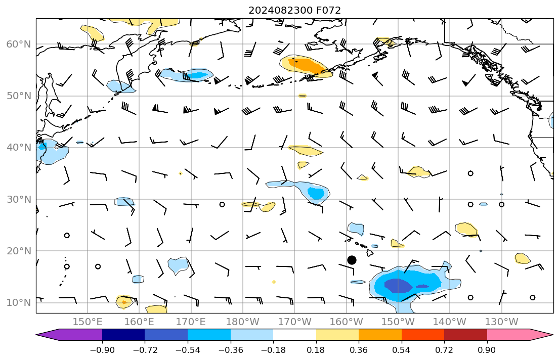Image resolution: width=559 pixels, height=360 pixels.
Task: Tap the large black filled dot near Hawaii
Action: point(352,260)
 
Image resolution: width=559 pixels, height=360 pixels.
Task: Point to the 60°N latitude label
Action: point(18,44)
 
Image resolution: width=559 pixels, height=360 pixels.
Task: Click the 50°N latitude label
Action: point(18,96)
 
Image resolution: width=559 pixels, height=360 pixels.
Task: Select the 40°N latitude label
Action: point(18,148)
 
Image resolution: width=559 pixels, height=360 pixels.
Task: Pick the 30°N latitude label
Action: point(18,199)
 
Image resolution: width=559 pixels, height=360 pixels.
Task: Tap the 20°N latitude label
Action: point(18,251)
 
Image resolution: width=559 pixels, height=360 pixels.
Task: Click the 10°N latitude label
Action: point(18,302)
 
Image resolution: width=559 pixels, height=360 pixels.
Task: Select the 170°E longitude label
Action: point(191,322)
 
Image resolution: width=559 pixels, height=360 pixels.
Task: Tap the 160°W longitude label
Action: point(346,322)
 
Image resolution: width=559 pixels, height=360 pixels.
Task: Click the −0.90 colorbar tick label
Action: point(102,350)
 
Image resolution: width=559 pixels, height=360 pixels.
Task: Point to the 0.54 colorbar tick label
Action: point(401,350)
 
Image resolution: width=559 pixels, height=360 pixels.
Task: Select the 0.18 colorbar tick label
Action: point(316,350)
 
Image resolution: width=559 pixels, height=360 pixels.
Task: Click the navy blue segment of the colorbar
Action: point(123,335)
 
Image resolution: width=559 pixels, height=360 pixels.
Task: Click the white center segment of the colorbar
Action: point(294,335)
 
